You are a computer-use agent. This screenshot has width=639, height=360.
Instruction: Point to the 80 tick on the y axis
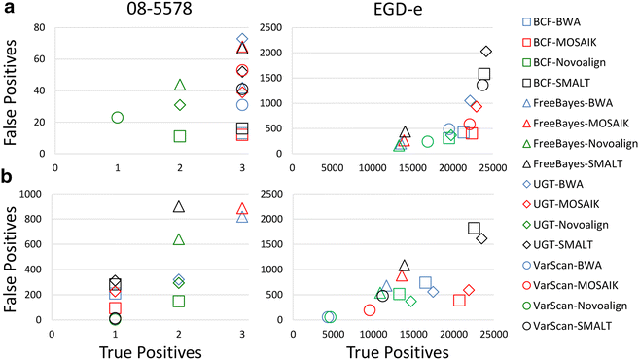tap(38, 27)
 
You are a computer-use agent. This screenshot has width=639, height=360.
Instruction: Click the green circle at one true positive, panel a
tap(118, 117)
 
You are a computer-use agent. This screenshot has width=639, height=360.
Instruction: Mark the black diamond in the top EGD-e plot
tap(486, 51)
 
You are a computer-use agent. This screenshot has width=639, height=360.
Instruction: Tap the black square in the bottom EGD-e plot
tap(474, 228)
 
